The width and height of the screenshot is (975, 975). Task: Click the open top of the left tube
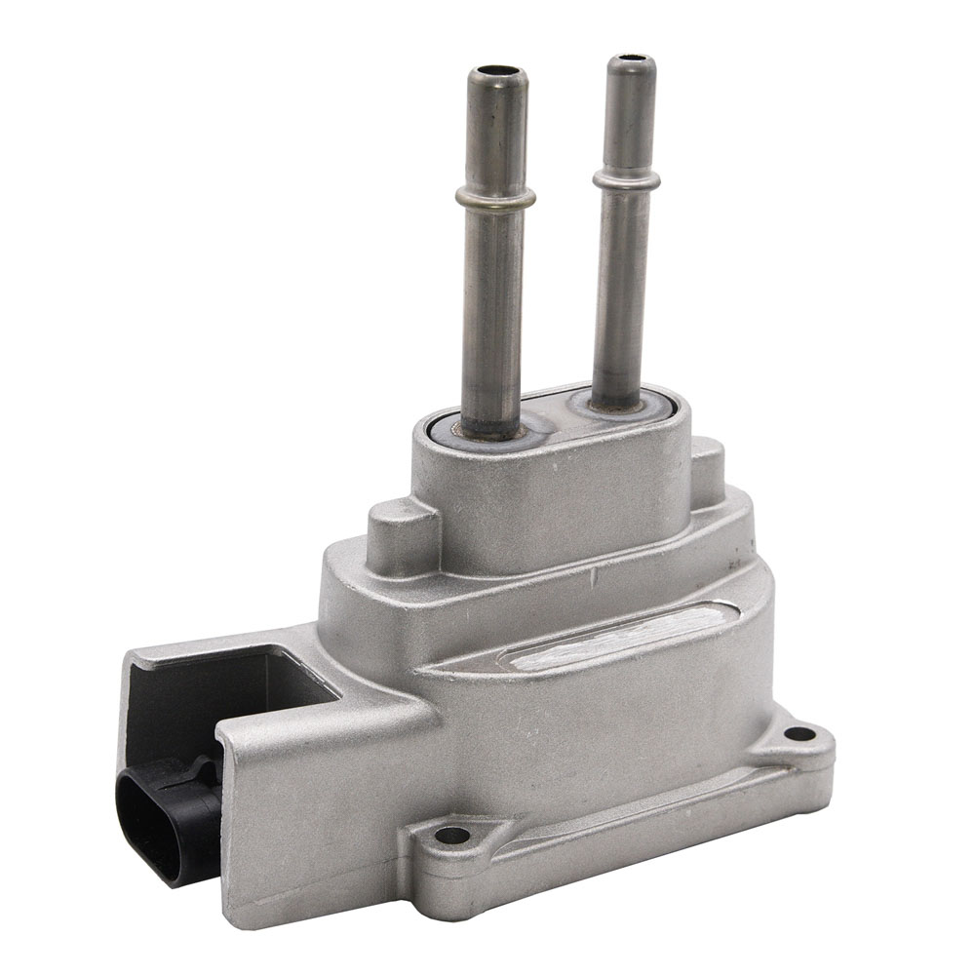tap(496, 73)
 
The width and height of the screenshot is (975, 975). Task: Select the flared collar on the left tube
tap(495, 199)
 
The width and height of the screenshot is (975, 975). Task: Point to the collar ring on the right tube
tap(625, 178)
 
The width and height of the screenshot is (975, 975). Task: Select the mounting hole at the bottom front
tap(451, 835)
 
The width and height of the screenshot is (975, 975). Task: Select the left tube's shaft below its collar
tap(494, 312)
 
